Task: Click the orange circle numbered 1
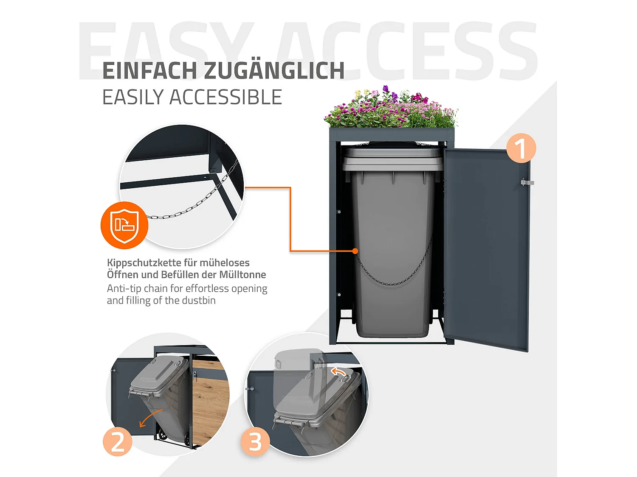pos(521,148)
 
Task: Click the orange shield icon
pos(124,225)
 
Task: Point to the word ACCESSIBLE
pos(225,98)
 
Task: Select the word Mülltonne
pos(242,275)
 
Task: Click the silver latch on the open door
pos(527,182)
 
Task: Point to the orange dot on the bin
pos(355,251)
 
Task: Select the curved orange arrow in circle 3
pos(338,372)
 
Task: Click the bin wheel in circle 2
pos(162,435)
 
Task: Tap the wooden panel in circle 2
pos(210,403)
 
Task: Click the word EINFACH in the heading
pos(150,71)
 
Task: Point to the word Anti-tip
pos(124,289)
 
